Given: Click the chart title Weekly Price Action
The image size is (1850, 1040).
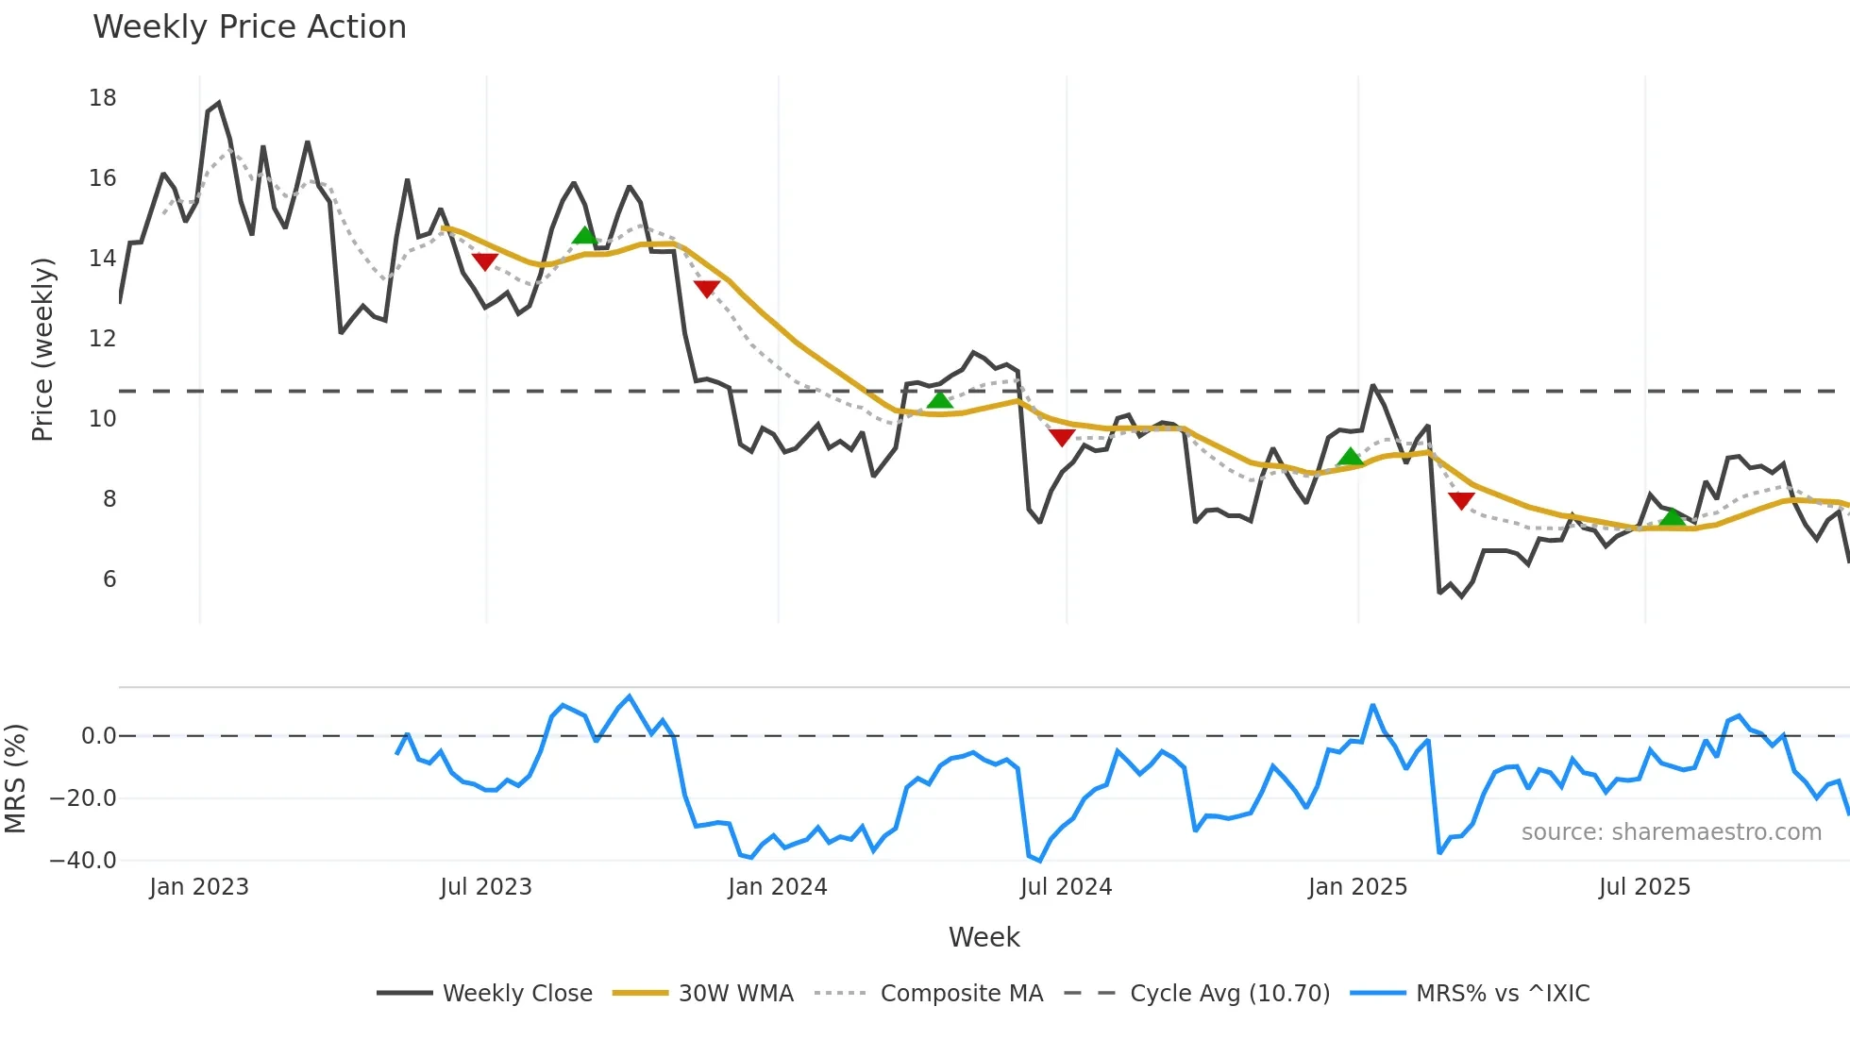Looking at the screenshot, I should (x=249, y=27).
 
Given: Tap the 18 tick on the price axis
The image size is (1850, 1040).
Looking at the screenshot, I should (x=102, y=98).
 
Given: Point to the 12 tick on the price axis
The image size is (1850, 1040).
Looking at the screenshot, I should (x=102, y=339).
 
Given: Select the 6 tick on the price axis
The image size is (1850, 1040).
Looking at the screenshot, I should (x=109, y=579).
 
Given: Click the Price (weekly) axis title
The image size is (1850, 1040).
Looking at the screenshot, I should (x=42, y=349).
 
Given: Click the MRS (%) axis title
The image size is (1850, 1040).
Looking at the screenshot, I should (x=15, y=779).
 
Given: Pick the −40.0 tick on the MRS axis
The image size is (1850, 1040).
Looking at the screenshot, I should (x=83, y=861).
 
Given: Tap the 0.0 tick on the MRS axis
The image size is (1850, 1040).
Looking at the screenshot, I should (x=98, y=736).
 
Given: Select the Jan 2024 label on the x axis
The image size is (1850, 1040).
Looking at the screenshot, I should (x=777, y=887).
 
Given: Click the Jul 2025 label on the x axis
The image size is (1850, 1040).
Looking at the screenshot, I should (x=1644, y=887).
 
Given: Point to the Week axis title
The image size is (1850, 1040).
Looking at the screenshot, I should (x=984, y=937).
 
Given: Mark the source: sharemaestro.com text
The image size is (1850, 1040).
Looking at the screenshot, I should (x=1671, y=832).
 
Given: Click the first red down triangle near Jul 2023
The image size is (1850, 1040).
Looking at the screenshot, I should (x=484, y=261).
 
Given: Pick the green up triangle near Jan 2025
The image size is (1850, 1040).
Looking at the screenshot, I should (x=1350, y=458).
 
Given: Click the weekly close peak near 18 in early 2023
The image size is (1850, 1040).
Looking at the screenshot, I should (x=218, y=104).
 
